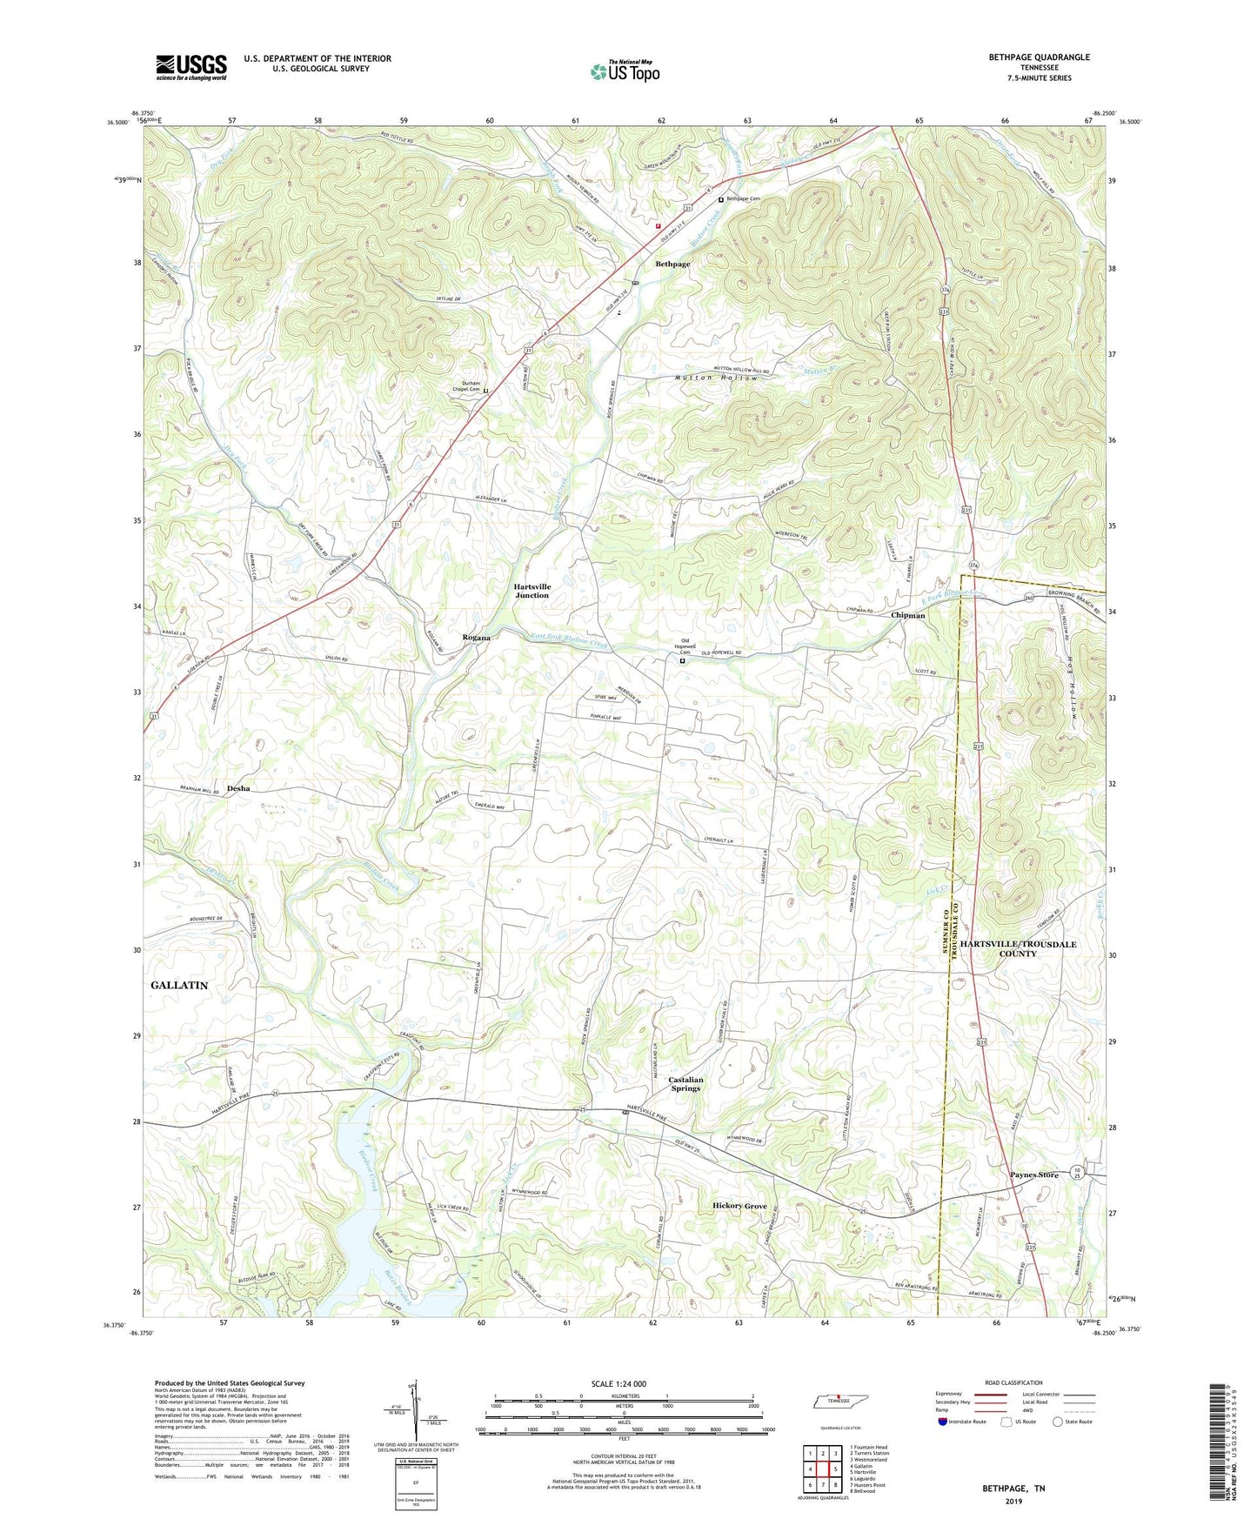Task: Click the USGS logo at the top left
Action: click(191, 67)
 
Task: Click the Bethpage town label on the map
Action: click(672, 264)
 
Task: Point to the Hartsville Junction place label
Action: click(532, 591)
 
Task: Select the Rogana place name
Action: click(476, 638)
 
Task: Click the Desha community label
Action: click(238, 788)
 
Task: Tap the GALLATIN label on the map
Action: click(179, 985)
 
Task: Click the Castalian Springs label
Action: click(685, 1083)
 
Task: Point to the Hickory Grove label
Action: click(739, 1206)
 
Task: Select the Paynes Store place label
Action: click(1033, 1174)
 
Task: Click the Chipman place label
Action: click(907, 615)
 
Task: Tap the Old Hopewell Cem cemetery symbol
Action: click(682, 660)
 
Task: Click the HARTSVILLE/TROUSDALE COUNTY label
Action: click(1018, 948)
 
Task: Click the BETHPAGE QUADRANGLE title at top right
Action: click(1039, 57)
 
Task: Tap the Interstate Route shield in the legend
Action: click(943, 1422)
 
